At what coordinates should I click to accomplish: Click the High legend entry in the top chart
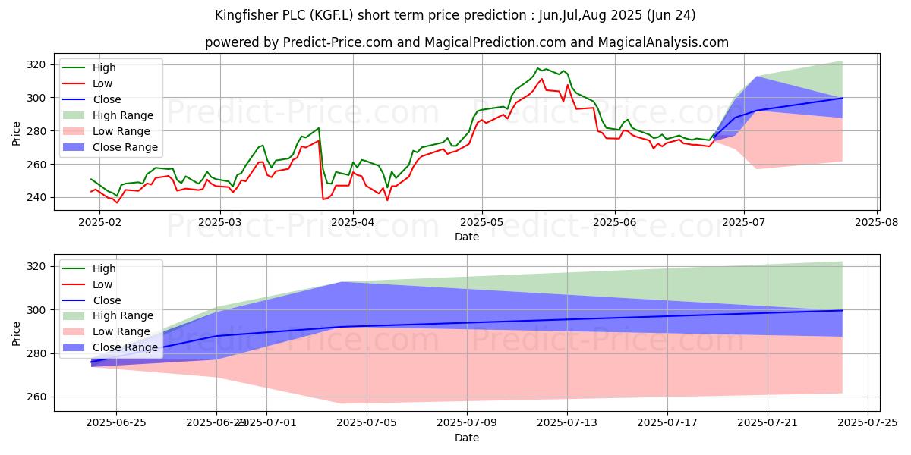tap(104, 67)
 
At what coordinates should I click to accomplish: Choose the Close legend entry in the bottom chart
tap(106, 300)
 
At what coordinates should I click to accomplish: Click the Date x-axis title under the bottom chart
tap(466, 438)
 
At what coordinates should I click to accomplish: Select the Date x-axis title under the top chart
tap(466, 237)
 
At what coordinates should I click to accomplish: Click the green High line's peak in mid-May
tap(537, 68)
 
